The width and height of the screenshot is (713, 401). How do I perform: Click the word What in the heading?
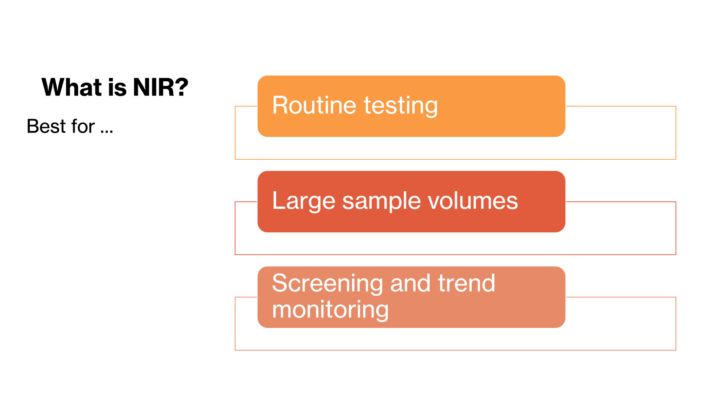pos(72,87)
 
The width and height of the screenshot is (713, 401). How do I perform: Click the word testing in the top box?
pos(401,106)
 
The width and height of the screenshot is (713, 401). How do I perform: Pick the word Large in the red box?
pos(304,201)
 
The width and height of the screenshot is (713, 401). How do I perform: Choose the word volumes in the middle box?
pos(473,200)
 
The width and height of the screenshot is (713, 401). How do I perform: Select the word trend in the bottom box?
pos(466,283)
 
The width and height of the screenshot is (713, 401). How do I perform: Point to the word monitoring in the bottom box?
pos(330,310)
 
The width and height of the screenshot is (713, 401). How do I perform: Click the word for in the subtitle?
pos(83,126)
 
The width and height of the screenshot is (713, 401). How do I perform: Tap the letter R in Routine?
pos(281,105)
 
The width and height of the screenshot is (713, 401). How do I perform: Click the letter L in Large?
pos(279,200)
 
